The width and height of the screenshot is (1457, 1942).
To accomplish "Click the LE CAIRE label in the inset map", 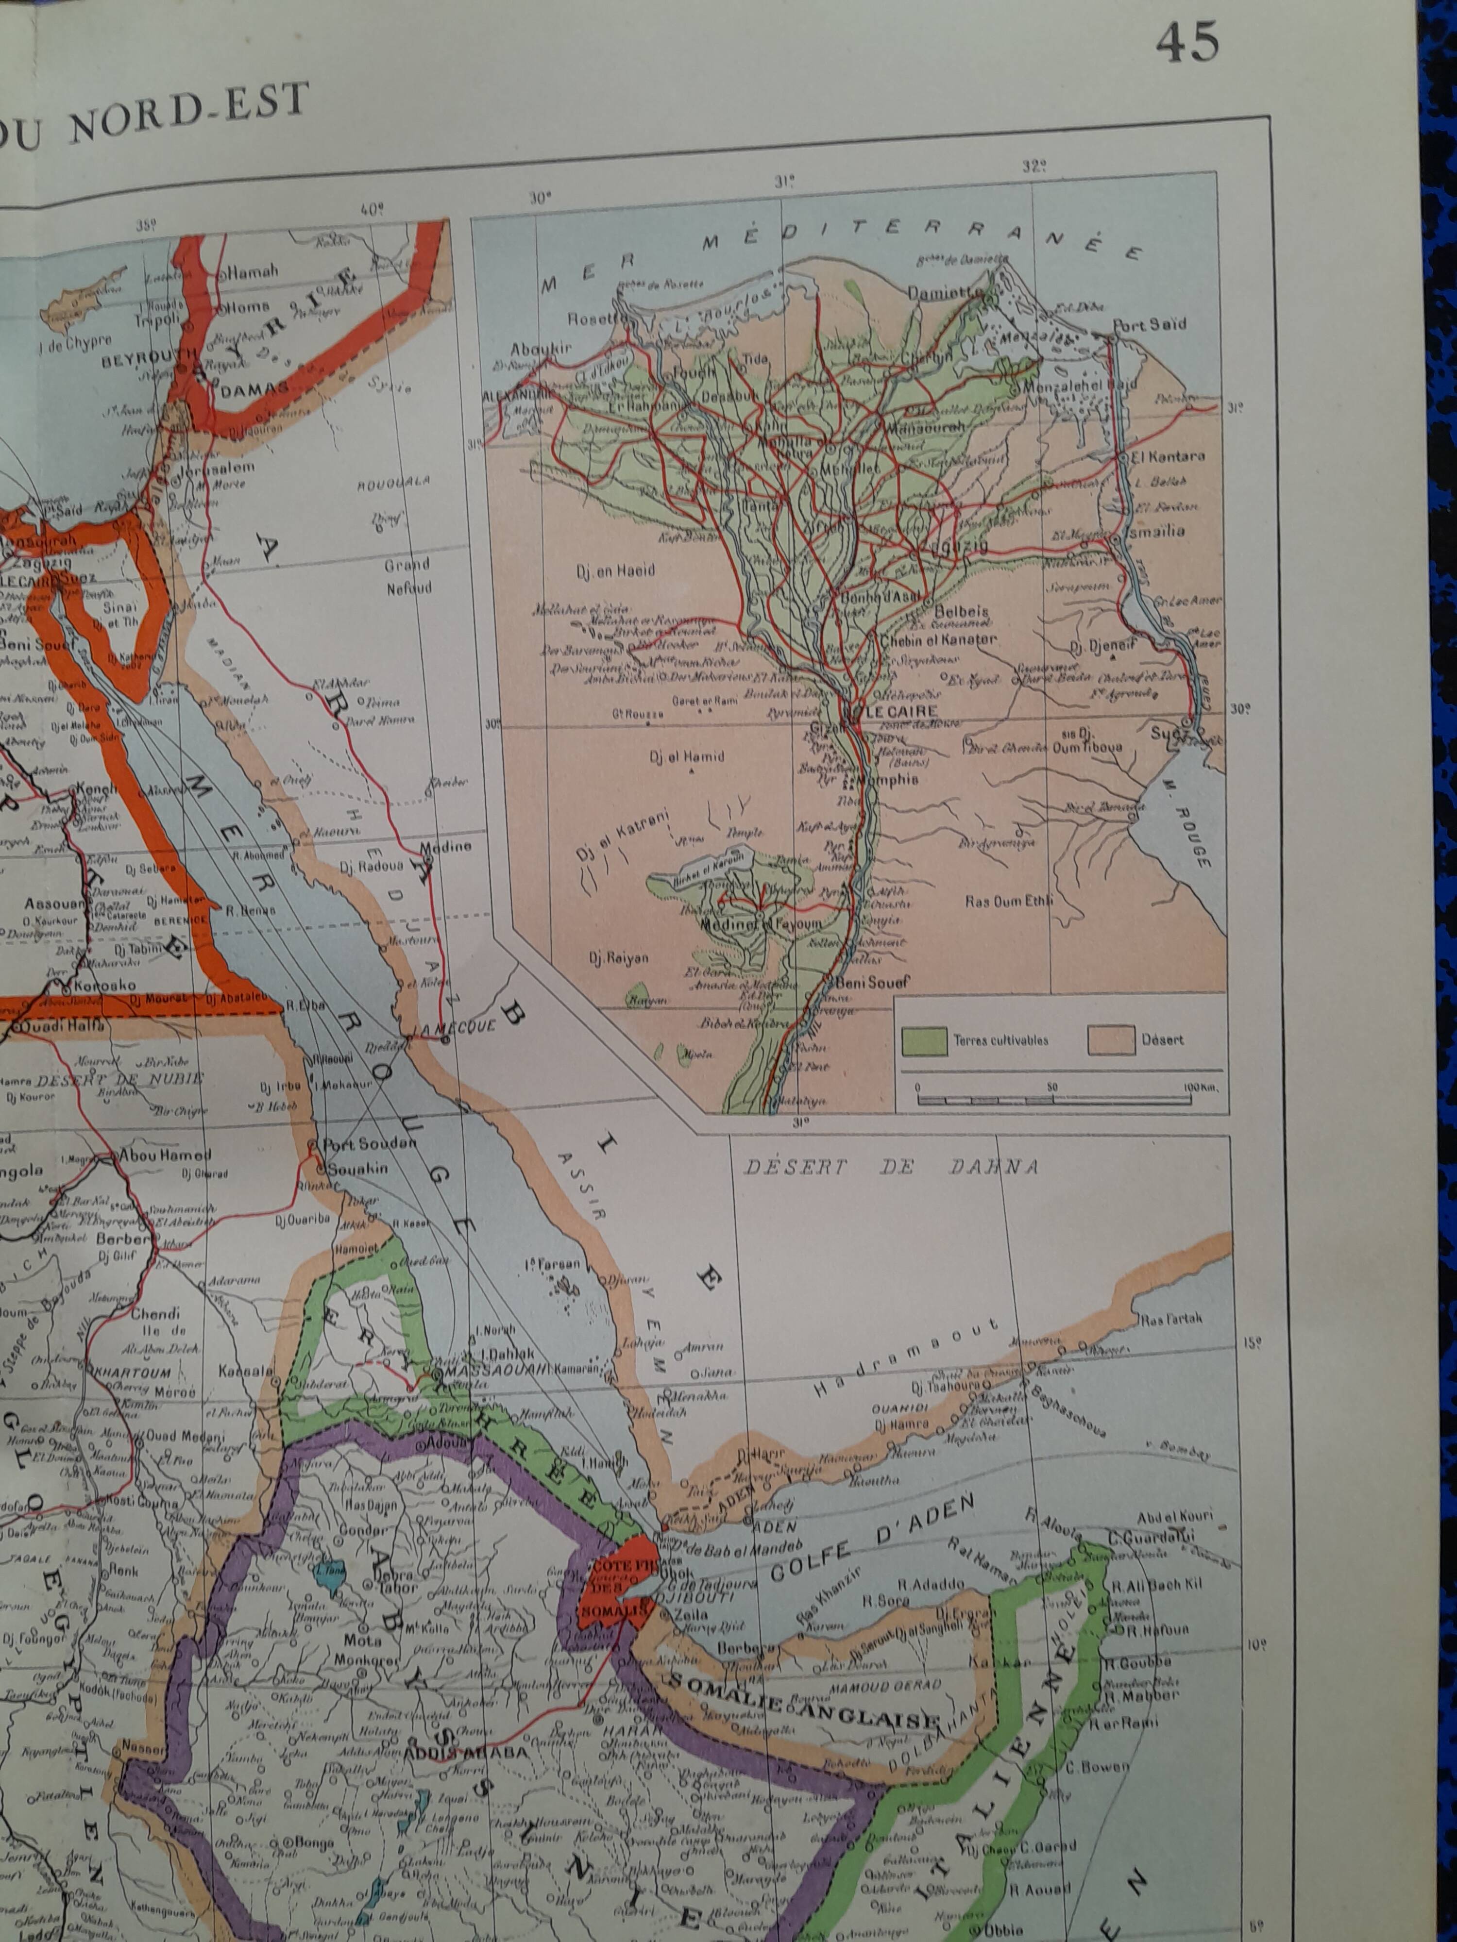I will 901,711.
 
